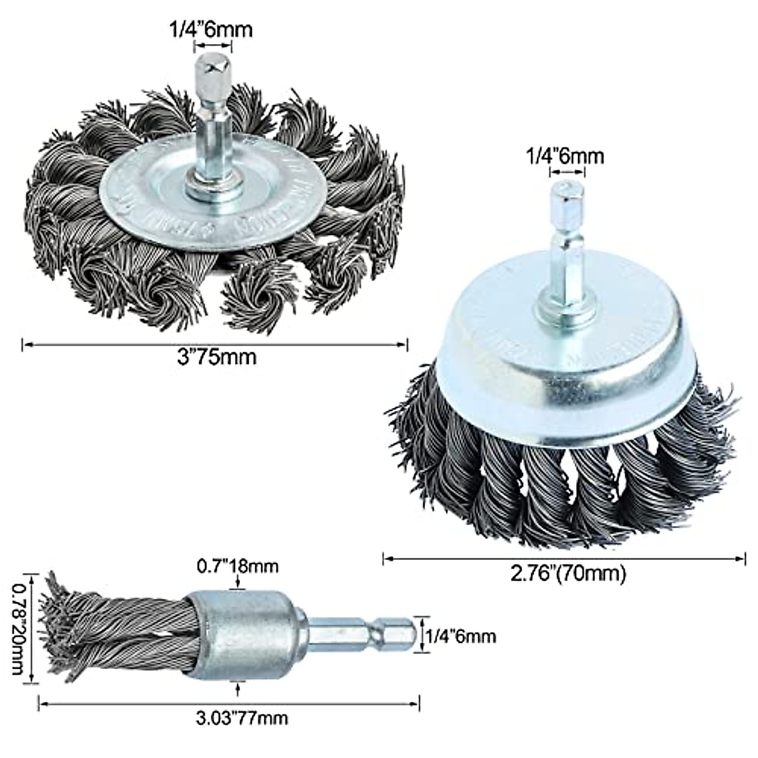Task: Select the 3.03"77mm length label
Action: (242, 718)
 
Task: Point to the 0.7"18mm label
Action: (239, 565)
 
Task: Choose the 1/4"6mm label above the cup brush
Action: (566, 156)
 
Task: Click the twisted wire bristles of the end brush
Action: (114, 632)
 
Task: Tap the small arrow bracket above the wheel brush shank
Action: (212, 46)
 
